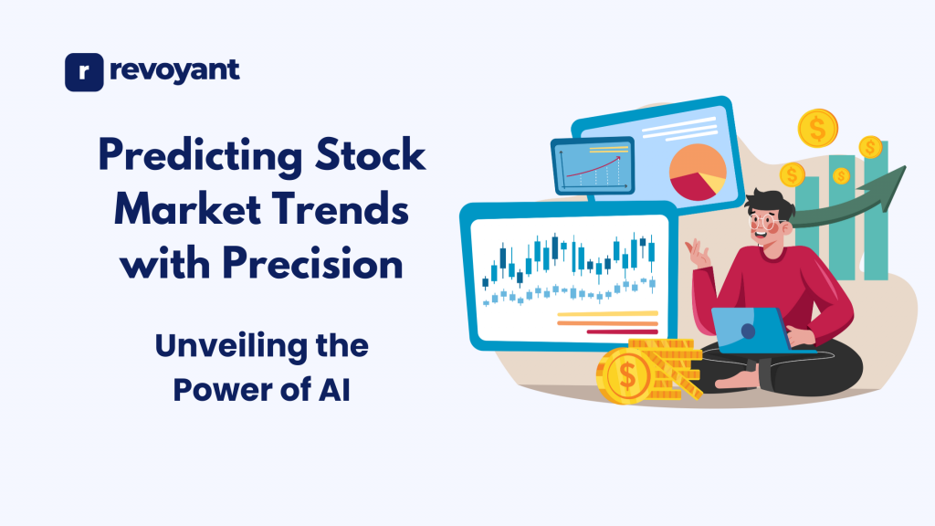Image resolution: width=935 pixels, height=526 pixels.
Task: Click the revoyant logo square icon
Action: (84, 72)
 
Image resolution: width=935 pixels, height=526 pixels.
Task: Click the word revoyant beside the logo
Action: (173, 70)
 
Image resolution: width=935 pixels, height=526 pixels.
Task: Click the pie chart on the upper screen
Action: (697, 170)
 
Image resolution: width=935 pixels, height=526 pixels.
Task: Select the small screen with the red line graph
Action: (592, 165)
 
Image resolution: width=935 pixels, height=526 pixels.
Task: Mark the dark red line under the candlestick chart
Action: (622, 331)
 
